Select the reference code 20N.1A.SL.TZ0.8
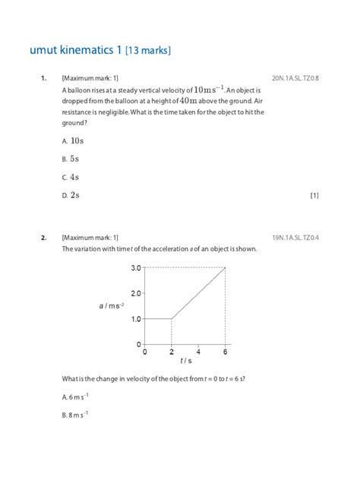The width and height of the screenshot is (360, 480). click(295, 77)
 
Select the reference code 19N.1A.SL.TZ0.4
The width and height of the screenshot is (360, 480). click(295, 237)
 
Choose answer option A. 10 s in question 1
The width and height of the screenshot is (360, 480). click(72, 141)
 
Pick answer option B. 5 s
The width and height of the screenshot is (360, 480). click(70, 159)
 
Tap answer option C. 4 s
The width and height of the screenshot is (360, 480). click(70, 177)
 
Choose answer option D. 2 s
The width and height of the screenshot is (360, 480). click(70, 195)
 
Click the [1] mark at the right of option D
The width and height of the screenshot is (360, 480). click(314, 195)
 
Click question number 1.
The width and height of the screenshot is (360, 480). click(44, 77)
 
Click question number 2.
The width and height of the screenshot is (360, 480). click(44, 237)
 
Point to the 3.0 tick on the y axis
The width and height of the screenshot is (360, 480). click(136, 267)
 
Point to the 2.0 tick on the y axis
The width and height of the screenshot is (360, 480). click(136, 293)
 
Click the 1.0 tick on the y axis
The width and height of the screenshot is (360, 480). click(136, 319)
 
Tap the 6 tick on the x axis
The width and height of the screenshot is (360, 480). click(226, 352)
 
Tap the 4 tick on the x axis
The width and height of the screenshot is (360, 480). click(198, 352)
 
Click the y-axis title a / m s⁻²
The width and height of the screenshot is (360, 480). click(111, 305)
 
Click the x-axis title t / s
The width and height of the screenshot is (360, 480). click(185, 362)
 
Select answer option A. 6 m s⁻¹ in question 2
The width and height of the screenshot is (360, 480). click(75, 396)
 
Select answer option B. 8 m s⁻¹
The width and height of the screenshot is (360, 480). click(75, 415)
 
